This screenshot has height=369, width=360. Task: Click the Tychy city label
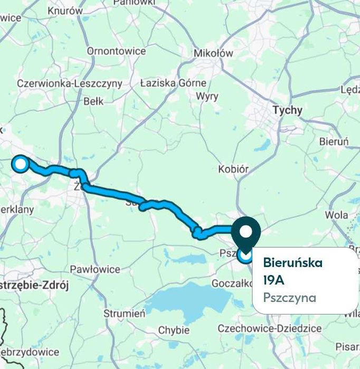pyautogui.click(x=288, y=110)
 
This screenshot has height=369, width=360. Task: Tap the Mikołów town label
pyautogui.click(x=213, y=53)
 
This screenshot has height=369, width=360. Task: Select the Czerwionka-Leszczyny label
pyautogui.click(x=69, y=83)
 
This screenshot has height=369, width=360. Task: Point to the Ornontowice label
pyautogui.click(x=116, y=51)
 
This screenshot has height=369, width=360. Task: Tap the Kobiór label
pyautogui.click(x=233, y=169)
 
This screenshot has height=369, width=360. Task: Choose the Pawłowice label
pyautogui.click(x=95, y=269)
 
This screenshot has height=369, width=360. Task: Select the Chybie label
pyautogui.click(x=174, y=330)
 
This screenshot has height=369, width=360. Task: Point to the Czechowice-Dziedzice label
pyautogui.click(x=270, y=328)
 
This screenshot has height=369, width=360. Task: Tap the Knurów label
pyautogui.click(x=65, y=11)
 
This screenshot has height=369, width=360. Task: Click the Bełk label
pyautogui.click(x=93, y=101)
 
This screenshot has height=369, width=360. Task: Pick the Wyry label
pyautogui.click(x=207, y=97)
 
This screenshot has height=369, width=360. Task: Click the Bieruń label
pyautogui.click(x=334, y=141)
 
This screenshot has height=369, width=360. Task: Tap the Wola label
pyautogui.click(x=336, y=215)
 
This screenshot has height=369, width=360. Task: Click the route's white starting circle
pyautogui.click(x=21, y=164)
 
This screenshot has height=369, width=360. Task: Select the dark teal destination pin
pyautogui.click(x=246, y=232)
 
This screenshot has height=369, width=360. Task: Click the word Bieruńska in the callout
pyautogui.click(x=292, y=262)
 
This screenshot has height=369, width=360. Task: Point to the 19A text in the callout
pyautogui.click(x=273, y=279)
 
